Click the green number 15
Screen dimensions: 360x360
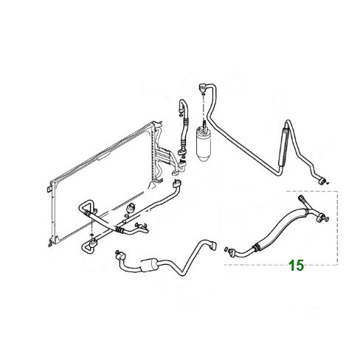(296, 266)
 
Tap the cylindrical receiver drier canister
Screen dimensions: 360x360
(203, 144)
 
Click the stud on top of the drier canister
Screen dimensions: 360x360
(204, 124)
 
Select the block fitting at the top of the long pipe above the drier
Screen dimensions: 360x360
(201, 88)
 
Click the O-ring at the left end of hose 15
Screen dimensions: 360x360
(226, 249)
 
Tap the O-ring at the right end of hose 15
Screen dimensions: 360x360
(327, 219)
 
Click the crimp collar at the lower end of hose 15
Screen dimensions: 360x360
(256, 247)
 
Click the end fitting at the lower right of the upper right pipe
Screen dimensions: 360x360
(321, 180)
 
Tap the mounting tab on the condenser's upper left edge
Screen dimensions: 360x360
(49, 190)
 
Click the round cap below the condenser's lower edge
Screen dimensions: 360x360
(131, 207)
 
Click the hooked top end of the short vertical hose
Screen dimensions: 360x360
(182, 104)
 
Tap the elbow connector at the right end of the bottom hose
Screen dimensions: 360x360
(212, 246)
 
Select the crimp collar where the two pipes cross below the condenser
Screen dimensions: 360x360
(120, 229)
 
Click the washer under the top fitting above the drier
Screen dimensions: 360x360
(202, 94)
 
